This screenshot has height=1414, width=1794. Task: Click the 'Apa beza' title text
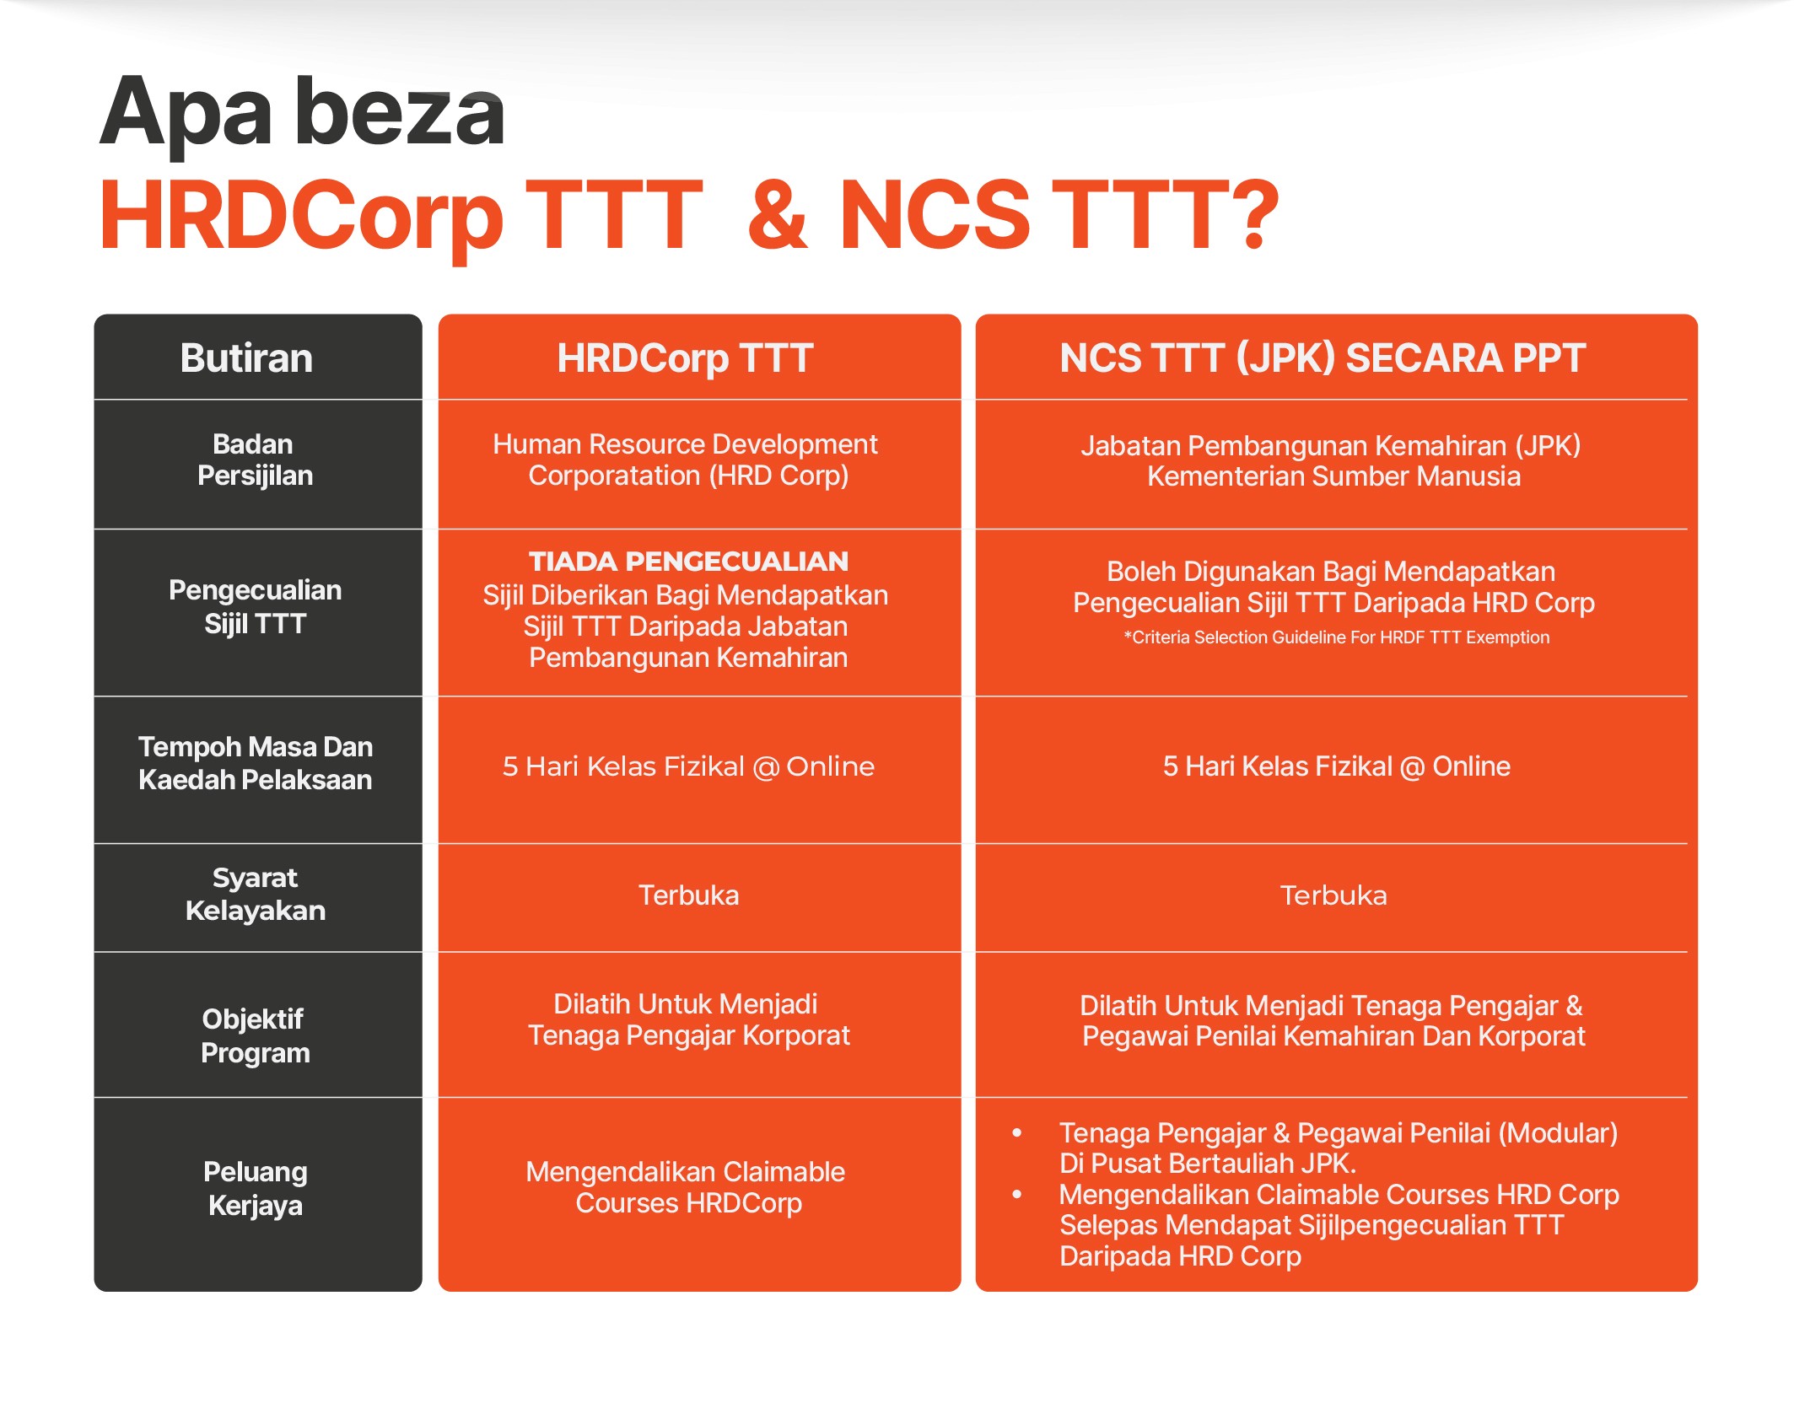click(x=302, y=114)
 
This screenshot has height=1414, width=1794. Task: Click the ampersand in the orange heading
click(x=777, y=215)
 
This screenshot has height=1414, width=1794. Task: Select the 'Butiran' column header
click(x=246, y=358)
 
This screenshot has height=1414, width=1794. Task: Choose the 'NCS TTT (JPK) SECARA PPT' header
click(x=1323, y=358)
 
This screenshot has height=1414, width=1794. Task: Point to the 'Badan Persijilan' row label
click(x=255, y=460)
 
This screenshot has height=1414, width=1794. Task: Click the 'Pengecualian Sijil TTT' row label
click(x=255, y=607)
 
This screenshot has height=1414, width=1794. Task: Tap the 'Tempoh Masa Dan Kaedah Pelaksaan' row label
click(x=255, y=763)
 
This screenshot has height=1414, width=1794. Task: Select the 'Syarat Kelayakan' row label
click(x=255, y=895)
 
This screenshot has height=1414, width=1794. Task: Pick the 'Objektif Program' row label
click(x=255, y=1036)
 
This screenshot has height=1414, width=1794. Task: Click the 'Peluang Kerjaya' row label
click(x=255, y=1189)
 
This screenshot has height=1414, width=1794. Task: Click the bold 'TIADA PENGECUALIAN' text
click(x=688, y=562)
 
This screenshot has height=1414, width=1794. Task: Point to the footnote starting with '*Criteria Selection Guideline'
click(x=1336, y=637)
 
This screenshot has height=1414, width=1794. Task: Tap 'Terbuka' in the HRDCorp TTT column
click(x=688, y=895)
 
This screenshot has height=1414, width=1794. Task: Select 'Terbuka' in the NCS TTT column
click(x=1333, y=895)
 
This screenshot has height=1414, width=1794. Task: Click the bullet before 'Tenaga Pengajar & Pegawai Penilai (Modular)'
click(x=1017, y=1133)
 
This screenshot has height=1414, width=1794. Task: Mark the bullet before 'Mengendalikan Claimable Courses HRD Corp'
click(x=1017, y=1195)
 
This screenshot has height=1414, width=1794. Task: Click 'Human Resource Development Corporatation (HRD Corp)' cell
click(x=687, y=460)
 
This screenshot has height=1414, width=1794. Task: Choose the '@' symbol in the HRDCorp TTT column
click(x=766, y=767)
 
